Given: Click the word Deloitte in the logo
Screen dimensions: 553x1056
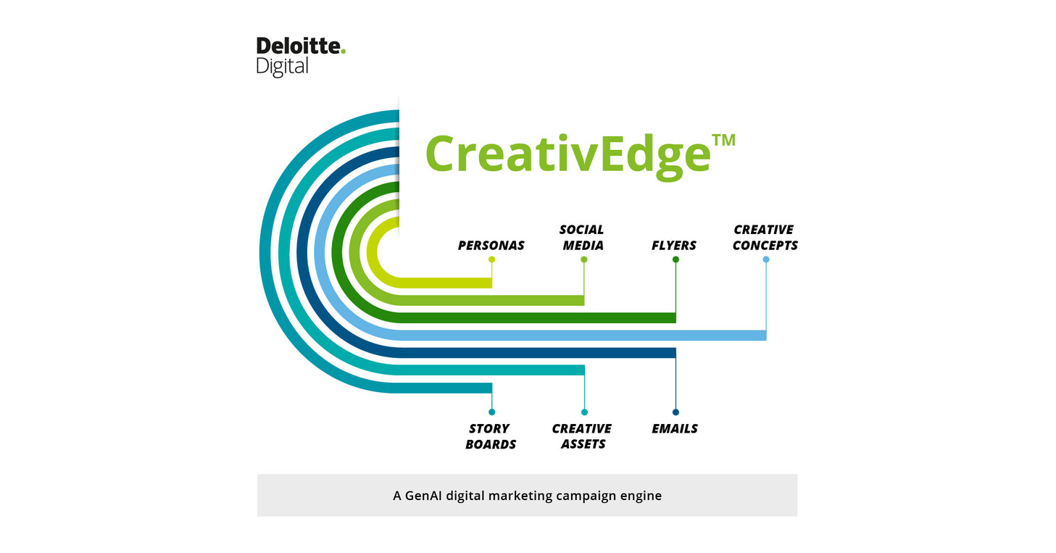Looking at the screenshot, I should click(298, 47).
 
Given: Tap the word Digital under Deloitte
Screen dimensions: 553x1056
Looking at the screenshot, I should click(282, 67).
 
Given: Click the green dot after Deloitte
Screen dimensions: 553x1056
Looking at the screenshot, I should click(344, 51).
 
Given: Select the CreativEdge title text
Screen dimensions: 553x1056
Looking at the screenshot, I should click(567, 154).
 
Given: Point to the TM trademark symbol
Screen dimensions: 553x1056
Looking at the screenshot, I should click(723, 140).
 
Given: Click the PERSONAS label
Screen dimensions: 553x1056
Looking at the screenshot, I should click(491, 246).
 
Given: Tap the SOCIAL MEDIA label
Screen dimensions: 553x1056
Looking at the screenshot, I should click(582, 238).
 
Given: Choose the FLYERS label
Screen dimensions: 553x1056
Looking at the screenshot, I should click(674, 246).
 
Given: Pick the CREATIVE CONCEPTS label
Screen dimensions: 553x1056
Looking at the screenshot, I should click(765, 238).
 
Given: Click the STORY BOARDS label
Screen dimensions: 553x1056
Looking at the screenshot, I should click(491, 436).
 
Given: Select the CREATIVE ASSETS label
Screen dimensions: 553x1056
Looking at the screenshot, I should click(582, 436).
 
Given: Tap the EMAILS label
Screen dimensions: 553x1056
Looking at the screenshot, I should click(674, 428).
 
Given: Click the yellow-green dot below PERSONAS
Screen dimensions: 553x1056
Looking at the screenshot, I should click(492, 259).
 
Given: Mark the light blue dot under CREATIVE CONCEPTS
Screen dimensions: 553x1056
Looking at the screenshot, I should click(766, 259).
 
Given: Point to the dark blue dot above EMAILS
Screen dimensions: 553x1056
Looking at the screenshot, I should click(675, 412).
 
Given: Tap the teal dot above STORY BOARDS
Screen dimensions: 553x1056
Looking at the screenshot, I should click(492, 412).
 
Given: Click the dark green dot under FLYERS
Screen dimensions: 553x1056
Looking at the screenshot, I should click(675, 259).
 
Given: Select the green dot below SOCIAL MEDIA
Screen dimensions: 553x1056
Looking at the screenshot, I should click(584, 259).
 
